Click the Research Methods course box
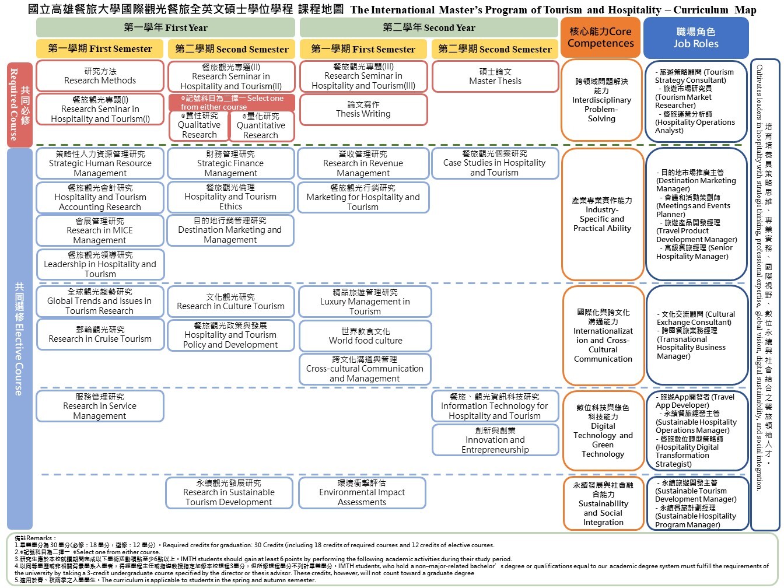[100, 76]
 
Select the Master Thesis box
[495, 76]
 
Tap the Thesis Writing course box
[363, 109]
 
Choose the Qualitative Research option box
[199, 125]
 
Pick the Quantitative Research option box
[261, 126]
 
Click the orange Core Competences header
[600, 37]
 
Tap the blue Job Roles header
[695, 37]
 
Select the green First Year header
[166, 27]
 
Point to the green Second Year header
[429, 27]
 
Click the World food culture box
[365, 336]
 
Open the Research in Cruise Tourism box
[100, 334]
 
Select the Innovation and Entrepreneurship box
[495, 440]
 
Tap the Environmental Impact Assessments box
[362, 492]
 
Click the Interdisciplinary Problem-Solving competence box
[601, 100]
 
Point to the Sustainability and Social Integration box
[603, 503]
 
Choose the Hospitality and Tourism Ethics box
[230, 197]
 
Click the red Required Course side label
[19, 104]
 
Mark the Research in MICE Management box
[100, 230]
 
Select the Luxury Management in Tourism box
[365, 302]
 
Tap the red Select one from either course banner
[232, 103]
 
